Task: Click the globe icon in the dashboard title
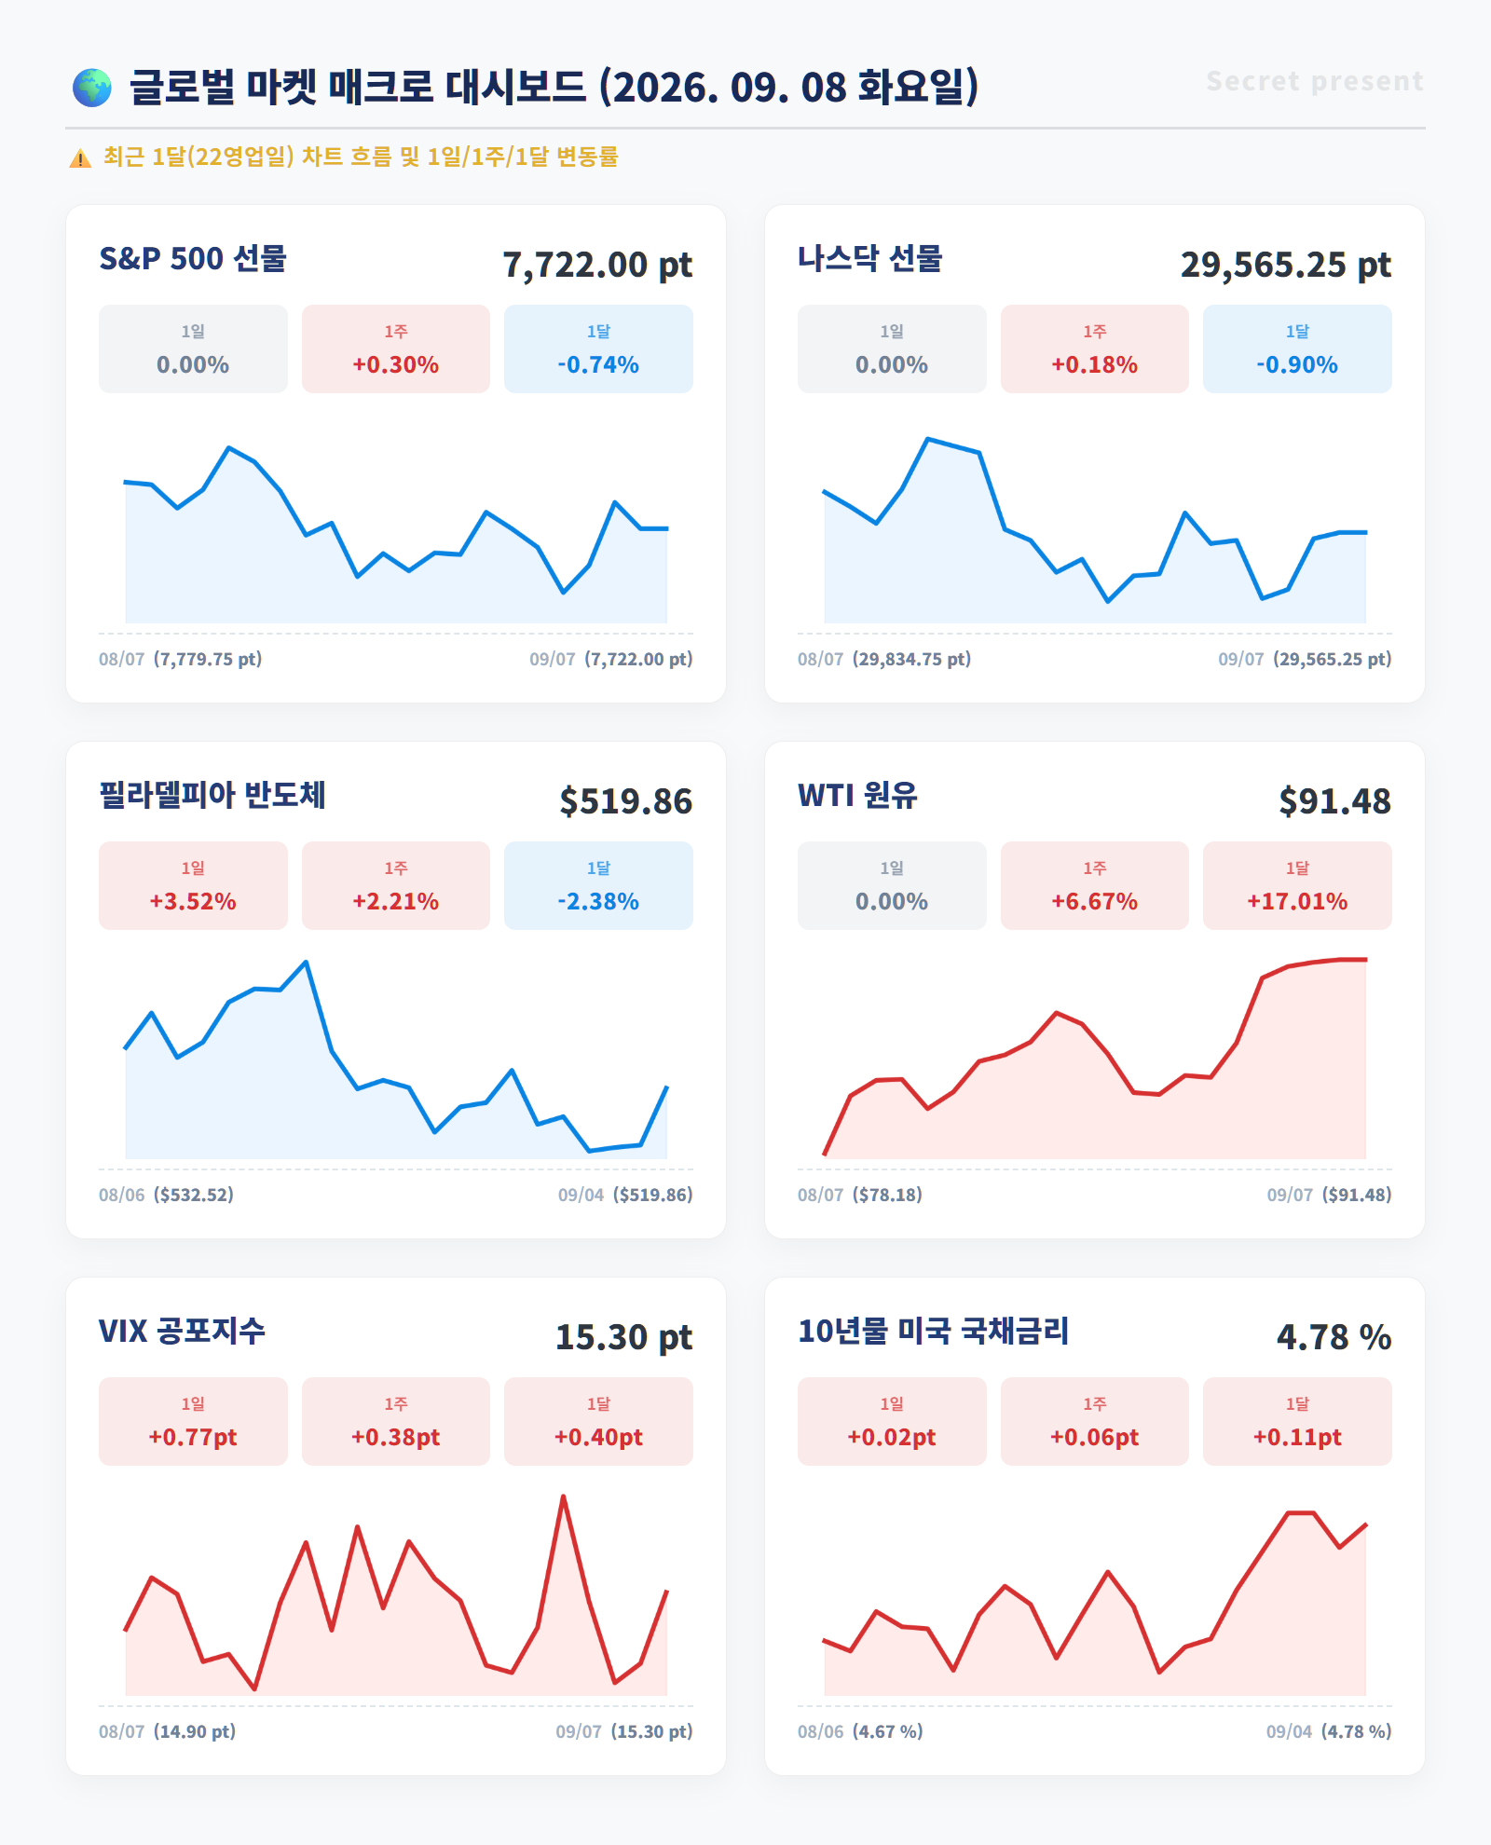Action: pos(92,88)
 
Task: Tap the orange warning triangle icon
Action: pos(80,158)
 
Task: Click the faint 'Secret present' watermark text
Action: pos(1315,82)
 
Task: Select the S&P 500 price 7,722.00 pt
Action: pos(597,265)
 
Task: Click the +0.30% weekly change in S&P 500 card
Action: pos(396,364)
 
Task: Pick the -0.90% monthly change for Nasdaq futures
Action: pos(1297,364)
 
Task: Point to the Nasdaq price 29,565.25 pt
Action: pos(1286,265)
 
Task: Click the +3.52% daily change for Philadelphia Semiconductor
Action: pos(193,901)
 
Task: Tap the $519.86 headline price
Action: pos(626,801)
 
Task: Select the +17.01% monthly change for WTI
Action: pos(1297,901)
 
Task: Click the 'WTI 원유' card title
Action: pos(857,796)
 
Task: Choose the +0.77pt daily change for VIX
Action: pos(193,1437)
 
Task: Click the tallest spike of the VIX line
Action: pos(563,1496)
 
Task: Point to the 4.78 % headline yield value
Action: pos(1334,1337)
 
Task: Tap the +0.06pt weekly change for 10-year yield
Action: pos(1095,1437)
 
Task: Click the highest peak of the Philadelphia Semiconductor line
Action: pos(307,962)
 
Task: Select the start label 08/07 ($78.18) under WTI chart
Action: pos(860,1195)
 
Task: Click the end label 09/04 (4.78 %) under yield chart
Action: pos(1329,1731)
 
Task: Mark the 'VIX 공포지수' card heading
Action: pos(183,1331)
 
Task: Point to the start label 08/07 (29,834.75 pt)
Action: pos(884,659)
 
